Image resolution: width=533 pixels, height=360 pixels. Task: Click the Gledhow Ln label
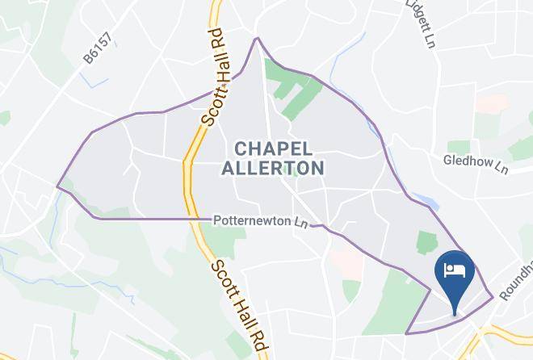[x=476, y=164]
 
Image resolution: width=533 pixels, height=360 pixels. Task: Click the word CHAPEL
[x=272, y=149]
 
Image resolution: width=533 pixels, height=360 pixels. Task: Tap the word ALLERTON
[x=272, y=168]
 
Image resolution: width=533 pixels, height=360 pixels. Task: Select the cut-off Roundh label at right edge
[x=518, y=279]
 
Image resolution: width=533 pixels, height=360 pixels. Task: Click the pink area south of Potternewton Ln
[x=345, y=260]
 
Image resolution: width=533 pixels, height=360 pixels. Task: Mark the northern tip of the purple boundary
[x=257, y=38]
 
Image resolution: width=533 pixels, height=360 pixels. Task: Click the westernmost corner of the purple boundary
[x=57, y=187]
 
